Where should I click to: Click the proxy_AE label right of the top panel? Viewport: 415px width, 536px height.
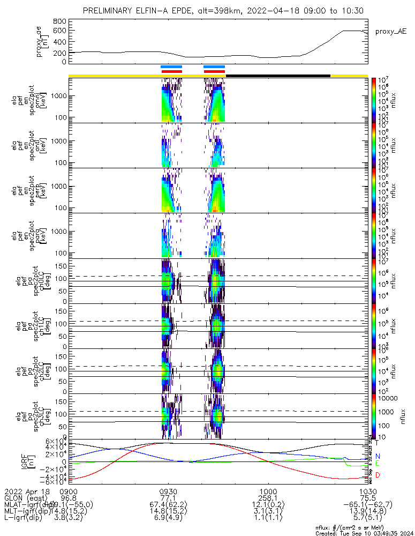(388, 32)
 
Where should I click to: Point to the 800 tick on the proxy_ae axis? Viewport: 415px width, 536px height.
(60, 21)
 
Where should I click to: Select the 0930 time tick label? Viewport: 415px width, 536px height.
(168, 491)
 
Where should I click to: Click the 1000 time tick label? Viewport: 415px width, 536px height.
(268, 491)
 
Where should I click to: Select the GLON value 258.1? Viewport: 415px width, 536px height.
(268, 497)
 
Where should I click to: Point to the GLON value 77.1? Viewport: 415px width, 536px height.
(168, 497)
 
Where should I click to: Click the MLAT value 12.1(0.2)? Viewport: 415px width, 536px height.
(268, 504)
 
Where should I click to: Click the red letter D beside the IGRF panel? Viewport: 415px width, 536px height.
(377, 475)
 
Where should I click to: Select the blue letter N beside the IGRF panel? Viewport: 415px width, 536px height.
(377, 456)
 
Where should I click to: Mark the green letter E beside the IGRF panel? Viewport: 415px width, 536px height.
(377, 464)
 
